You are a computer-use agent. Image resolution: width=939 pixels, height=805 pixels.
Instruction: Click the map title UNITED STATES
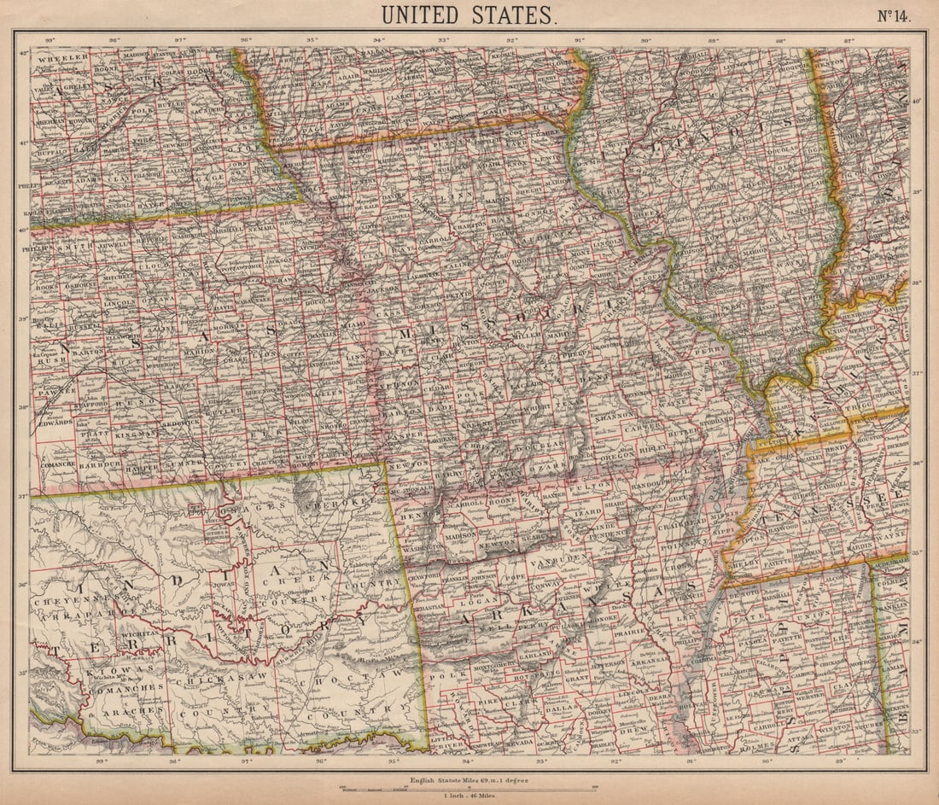pos(469,15)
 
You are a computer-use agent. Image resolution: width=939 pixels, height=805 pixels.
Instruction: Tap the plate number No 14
pos(892,15)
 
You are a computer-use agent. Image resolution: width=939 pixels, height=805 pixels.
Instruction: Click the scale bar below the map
pos(469,788)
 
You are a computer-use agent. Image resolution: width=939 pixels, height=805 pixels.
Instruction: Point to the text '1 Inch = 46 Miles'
pos(469,796)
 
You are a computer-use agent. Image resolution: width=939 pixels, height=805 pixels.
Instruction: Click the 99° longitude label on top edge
pos(50,38)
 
